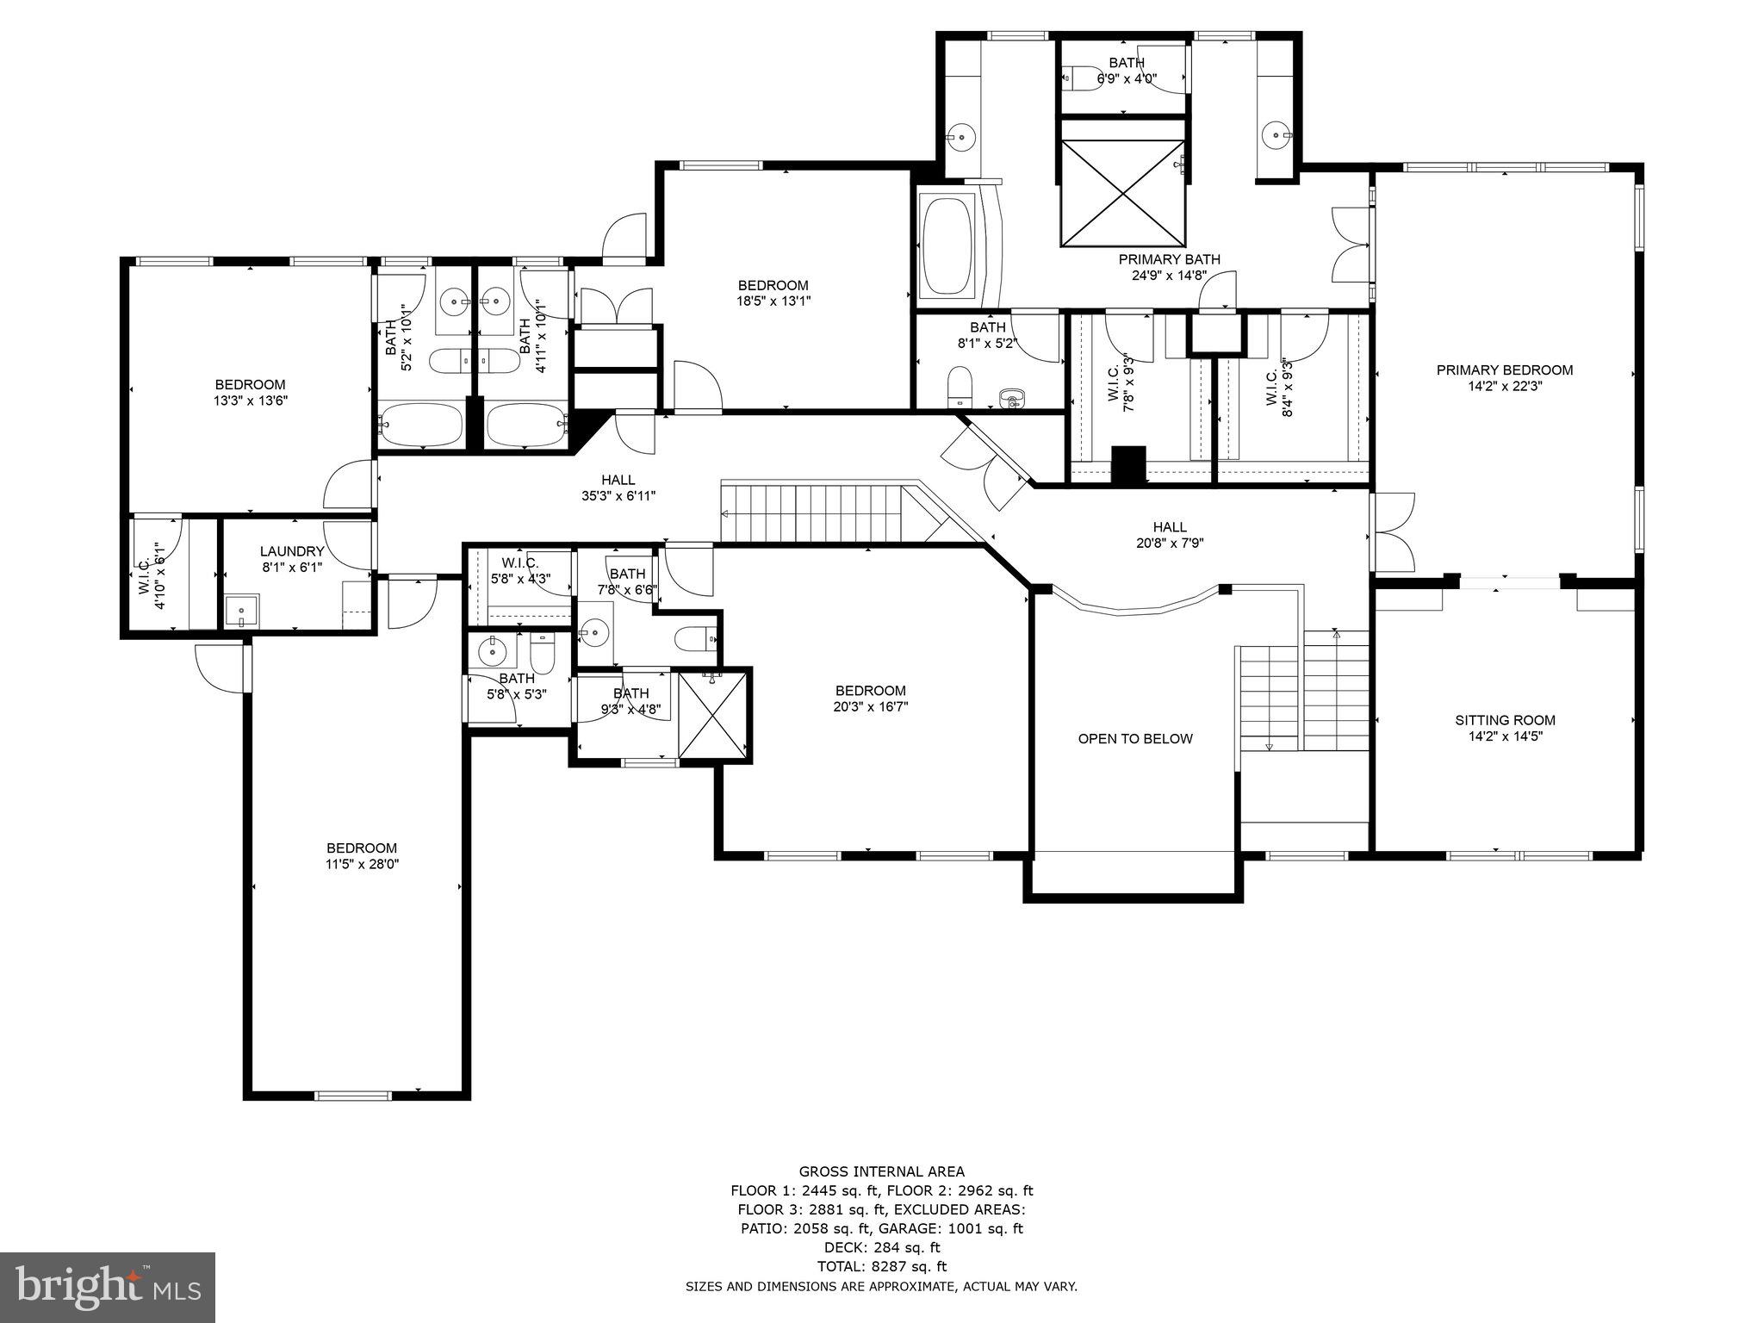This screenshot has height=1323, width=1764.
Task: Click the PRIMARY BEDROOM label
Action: pyautogui.click(x=1504, y=370)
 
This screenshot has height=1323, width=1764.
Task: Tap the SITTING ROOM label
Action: pyautogui.click(x=1505, y=720)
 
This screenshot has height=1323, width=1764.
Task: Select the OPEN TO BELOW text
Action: pyautogui.click(x=1135, y=739)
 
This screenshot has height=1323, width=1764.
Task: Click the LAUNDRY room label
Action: pyautogui.click(x=292, y=551)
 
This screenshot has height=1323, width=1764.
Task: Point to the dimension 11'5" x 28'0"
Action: pyautogui.click(x=362, y=864)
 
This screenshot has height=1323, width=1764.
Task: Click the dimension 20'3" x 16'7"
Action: pyautogui.click(x=870, y=707)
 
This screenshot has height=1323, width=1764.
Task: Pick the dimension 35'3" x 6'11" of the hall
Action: pyautogui.click(x=618, y=496)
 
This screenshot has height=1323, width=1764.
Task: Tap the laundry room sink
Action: pyautogui.click(x=241, y=612)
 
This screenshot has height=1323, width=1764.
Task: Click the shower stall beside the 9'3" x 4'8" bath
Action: pyautogui.click(x=714, y=716)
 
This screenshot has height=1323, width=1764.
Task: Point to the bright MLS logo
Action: pyautogui.click(x=107, y=1287)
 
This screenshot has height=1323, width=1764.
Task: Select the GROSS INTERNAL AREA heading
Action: pyautogui.click(x=881, y=1171)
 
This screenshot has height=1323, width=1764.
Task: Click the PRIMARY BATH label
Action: pyautogui.click(x=1169, y=259)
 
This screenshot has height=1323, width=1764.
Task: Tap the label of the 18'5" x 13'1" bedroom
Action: pyautogui.click(x=773, y=286)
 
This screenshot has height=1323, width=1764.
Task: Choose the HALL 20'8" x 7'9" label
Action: pyautogui.click(x=1169, y=535)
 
